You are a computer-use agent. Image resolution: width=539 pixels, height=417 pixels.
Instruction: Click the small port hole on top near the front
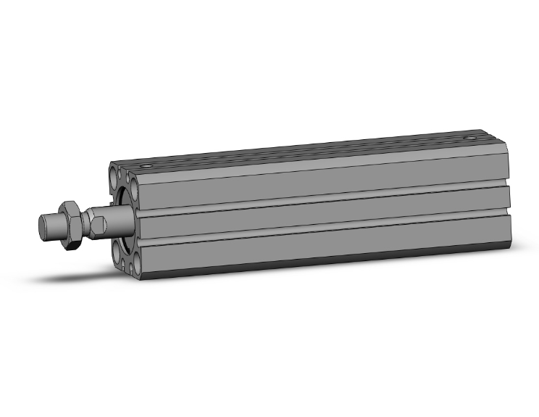(148, 167)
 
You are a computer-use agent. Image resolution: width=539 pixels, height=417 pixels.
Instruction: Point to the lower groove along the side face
(319, 225)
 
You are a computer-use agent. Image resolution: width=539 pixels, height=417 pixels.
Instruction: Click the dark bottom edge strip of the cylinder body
(319, 265)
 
